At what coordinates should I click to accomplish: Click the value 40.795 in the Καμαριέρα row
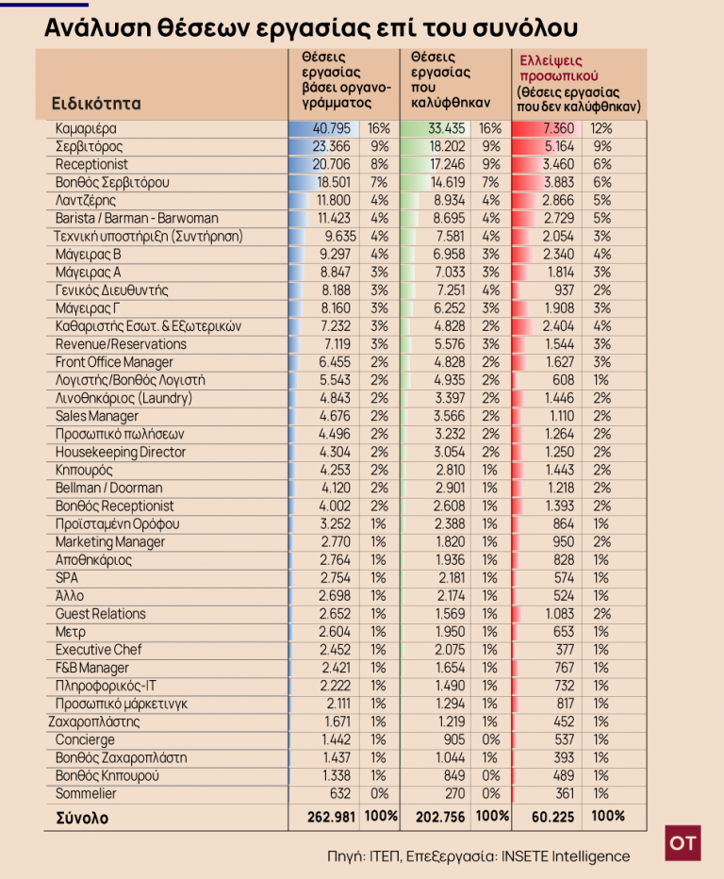click(331, 128)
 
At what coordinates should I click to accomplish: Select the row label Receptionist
click(91, 164)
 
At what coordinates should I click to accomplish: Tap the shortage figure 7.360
click(558, 128)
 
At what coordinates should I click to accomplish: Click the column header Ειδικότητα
click(96, 103)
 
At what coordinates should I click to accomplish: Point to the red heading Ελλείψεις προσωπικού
click(551, 69)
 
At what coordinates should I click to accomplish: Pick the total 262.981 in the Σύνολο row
click(331, 817)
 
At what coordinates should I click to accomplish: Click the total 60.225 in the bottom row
click(553, 817)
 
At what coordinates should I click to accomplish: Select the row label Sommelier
click(86, 793)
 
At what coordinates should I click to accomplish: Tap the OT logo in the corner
click(683, 842)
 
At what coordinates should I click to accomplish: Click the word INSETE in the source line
click(524, 856)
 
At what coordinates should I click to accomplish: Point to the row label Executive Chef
click(99, 650)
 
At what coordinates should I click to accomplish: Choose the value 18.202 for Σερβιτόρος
click(447, 146)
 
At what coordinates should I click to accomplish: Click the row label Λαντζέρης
click(86, 200)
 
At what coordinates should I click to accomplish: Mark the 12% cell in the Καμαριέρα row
click(601, 128)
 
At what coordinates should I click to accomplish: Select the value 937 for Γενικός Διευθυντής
click(565, 290)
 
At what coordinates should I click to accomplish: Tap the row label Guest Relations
click(100, 614)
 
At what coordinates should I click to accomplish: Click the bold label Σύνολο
click(82, 818)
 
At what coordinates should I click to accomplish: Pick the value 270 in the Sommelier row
click(455, 793)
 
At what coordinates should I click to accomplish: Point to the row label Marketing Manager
click(110, 542)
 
